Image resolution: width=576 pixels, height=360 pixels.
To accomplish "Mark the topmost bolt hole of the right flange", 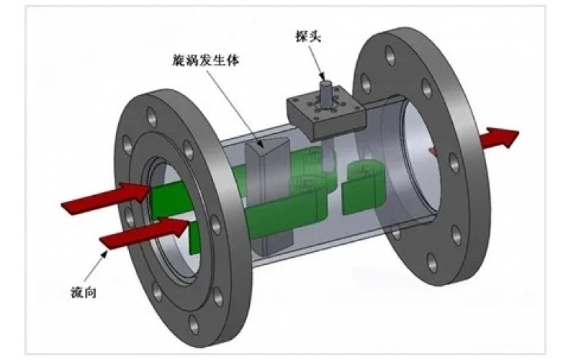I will pos(390,54).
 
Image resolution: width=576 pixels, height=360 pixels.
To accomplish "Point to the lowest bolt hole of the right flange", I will pos(431,264).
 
